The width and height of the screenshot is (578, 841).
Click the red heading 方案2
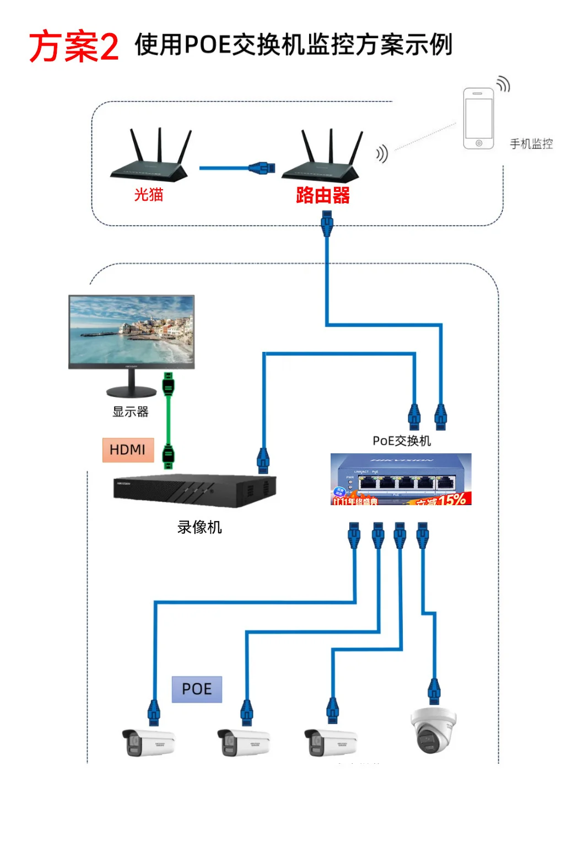73,46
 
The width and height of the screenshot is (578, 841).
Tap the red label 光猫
149,195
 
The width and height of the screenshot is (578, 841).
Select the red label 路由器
322,195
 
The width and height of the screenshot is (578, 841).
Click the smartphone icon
478,119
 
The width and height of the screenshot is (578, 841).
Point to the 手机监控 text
531,144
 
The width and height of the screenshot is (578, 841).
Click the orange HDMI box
128,450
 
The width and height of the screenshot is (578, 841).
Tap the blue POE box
197,689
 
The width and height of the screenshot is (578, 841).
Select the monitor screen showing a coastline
131,330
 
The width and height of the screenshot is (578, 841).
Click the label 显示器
131,412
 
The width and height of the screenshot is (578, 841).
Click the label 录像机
199,527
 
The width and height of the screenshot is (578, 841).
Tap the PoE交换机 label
402,441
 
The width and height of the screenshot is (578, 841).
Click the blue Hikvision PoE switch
401,479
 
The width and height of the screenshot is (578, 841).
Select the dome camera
434,730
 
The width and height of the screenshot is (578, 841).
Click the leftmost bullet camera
148,742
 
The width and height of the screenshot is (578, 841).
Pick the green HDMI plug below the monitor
168,384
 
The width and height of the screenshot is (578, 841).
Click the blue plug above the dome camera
434,690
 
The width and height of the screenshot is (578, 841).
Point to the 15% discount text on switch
452,500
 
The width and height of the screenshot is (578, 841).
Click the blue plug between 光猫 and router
261,168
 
